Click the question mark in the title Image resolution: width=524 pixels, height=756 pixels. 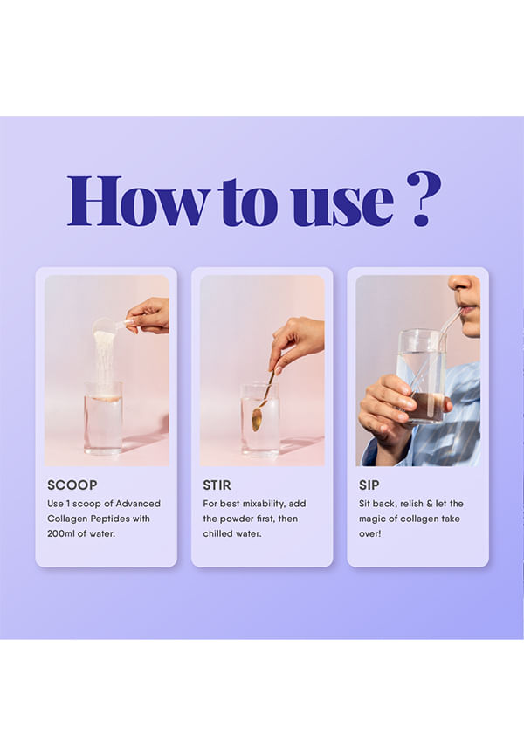point(424,198)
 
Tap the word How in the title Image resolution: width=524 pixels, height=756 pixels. point(139,201)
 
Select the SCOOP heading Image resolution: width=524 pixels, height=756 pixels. point(72,485)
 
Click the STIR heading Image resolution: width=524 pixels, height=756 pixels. point(217,485)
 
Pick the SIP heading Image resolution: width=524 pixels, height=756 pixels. point(369,485)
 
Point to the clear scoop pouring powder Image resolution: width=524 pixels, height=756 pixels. point(110,326)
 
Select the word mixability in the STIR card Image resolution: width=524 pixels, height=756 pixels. point(264,504)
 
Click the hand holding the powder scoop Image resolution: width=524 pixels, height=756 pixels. point(148,316)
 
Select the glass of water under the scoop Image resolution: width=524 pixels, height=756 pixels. point(103,418)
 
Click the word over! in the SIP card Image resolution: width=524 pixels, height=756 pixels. point(370,533)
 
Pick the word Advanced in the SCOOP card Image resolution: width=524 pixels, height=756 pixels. point(138,504)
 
